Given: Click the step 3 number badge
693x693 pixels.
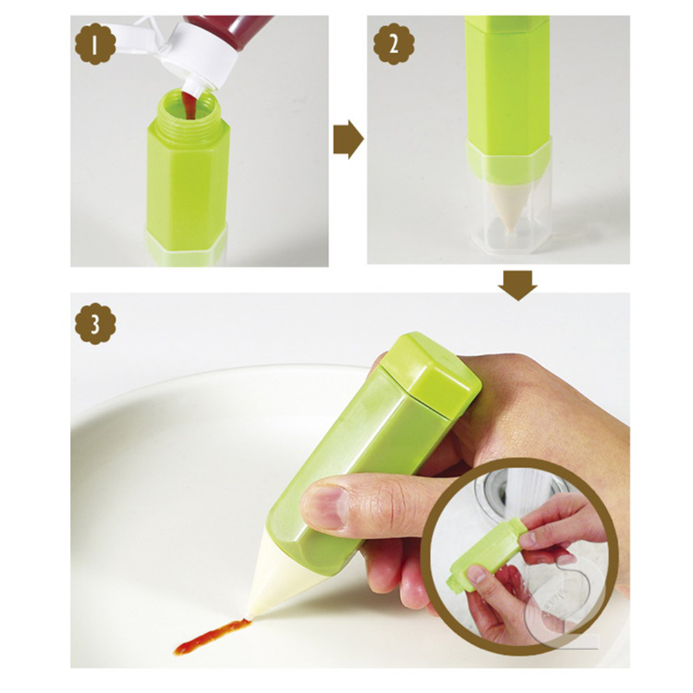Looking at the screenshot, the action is tap(95, 324).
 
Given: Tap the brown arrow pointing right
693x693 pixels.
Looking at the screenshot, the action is tap(349, 139).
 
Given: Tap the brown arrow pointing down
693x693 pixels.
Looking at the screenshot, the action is tap(517, 286).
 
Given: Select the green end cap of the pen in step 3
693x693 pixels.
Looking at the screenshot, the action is tap(430, 375).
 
